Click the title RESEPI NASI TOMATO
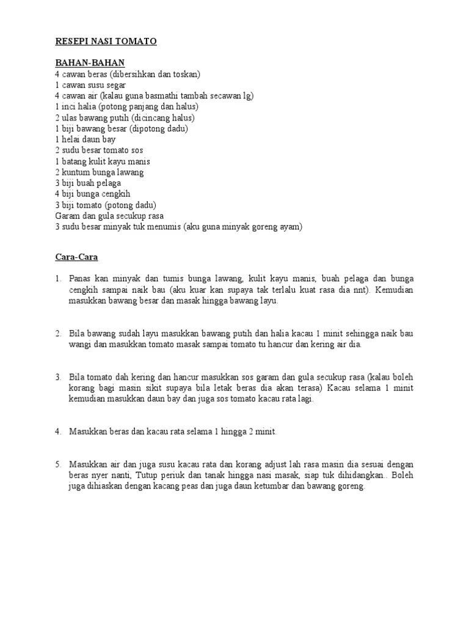[x=106, y=41]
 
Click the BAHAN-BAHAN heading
[x=89, y=63]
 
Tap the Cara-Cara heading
[x=76, y=257]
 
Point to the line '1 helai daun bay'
[x=85, y=139]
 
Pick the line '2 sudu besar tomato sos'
[x=99, y=150]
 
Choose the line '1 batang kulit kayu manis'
[x=102, y=161]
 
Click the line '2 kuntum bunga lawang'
[x=99, y=172]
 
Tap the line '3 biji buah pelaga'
[x=88, y=183]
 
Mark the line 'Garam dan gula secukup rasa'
[x=109, y=216]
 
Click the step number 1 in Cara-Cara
[x=58, y=279]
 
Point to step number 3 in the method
[x=58, y=377]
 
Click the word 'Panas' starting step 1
[x=81, y=279]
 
